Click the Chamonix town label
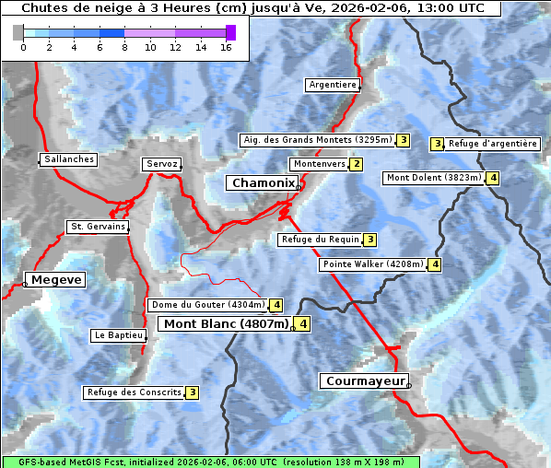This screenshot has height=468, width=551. (x=263, y=183)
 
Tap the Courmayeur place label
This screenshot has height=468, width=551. (x=363, y=380)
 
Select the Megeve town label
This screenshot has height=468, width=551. (x=56, y=280)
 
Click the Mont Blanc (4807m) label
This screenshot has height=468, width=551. (x=226, y=324)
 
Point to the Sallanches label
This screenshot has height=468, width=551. (x=69, y=159)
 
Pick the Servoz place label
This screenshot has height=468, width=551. (x=161, y=164)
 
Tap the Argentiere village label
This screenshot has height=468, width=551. (x=333, y=85)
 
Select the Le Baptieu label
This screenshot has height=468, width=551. (x=118, y=335)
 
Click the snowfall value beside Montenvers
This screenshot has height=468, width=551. (x=357, y=164)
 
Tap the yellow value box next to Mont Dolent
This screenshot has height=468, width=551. (x=494, y=178)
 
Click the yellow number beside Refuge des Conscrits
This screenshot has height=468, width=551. (x=192, y=392)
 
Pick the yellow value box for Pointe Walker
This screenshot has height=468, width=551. (x=435, y=264)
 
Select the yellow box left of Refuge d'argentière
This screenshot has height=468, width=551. (x=438, y=144)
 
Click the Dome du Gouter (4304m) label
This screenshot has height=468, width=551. (x=207, y=305)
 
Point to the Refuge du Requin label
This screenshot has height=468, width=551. (x=320, y=240)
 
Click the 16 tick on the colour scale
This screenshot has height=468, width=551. (x=225, y=47)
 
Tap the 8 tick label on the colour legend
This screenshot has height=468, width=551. (x=124, y=47)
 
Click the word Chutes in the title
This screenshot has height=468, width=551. (x=42, y=8)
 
